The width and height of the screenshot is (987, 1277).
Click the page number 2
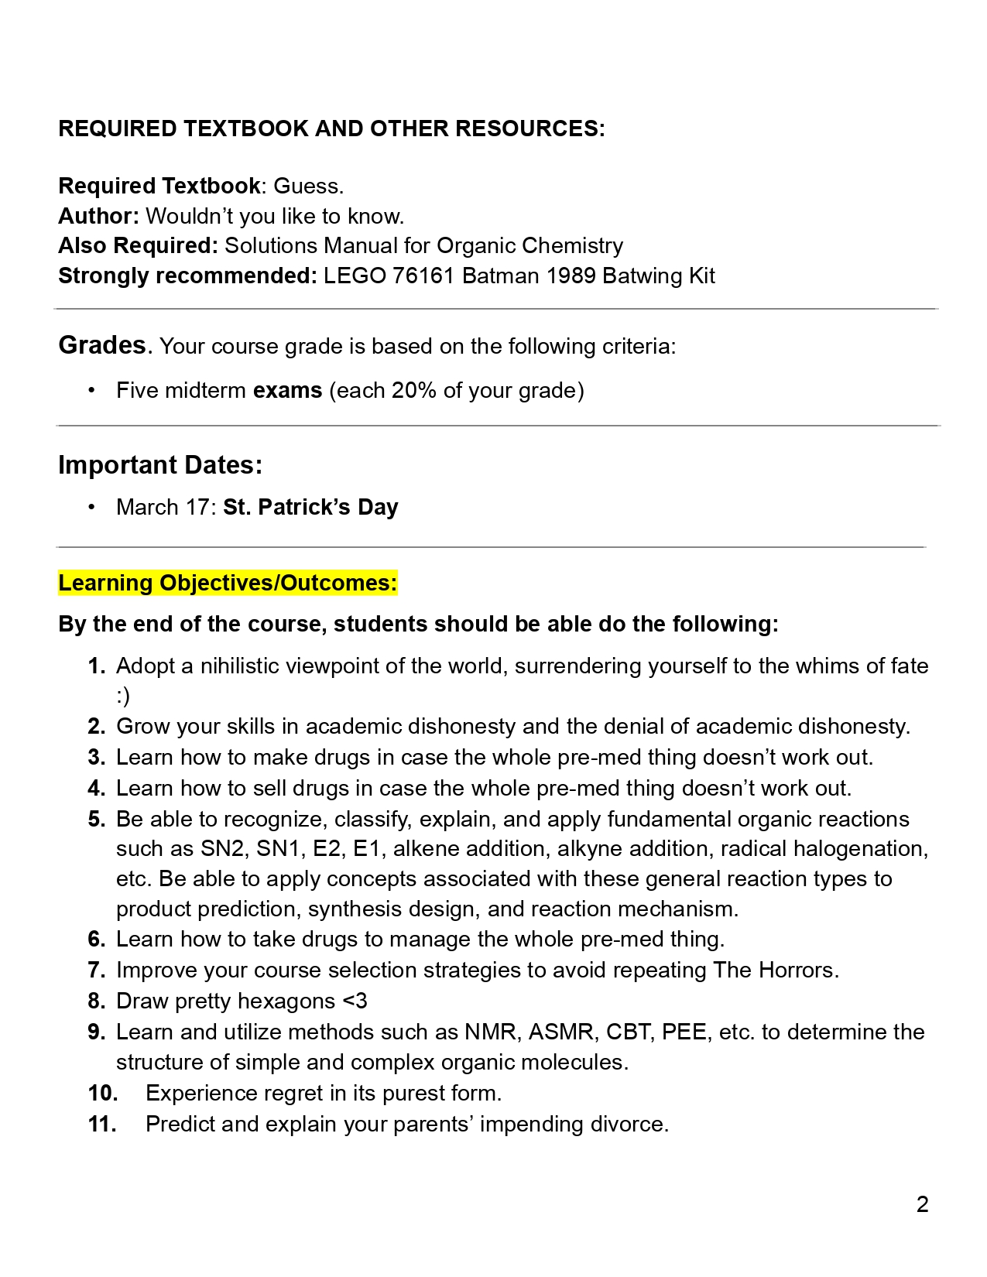click(x=922, y=1204)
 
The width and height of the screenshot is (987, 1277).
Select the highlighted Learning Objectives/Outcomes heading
click(x=228, y=583)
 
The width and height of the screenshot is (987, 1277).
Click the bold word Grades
click(x=102, y=345)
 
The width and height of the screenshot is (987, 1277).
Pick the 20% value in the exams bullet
click(x=413, y=390)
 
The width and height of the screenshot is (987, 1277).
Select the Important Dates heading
click(x=160, y=465)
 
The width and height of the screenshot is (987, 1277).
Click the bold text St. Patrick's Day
click(x=310, y=508)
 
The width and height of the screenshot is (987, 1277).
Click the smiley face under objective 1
click(x=123, y=696)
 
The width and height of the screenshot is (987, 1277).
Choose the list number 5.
click(x=96, y=820)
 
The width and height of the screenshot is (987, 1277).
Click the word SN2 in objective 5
click(x=222, y=849)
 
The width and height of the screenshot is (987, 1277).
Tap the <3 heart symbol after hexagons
click(x=355, y=1001)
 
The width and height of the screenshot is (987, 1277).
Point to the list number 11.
click(x=102, y=1125)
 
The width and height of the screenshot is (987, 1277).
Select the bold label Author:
click(x=98, y=216)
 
